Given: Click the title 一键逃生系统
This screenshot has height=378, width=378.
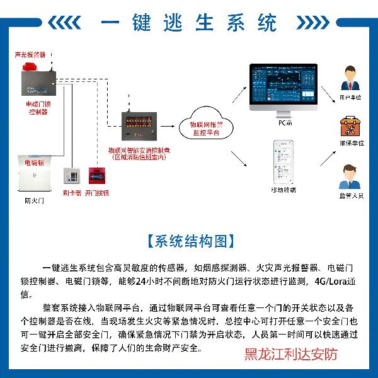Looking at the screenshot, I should pyautogui.click(x=188, y=23).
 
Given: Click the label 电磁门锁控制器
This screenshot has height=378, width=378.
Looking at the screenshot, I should pyautogui.click(x=38, y=107).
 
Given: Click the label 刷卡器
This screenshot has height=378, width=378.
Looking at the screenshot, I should pyautogui.click(x=72, y=194).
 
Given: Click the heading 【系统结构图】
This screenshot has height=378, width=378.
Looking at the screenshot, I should pyautogui.click(x=188, y=241).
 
